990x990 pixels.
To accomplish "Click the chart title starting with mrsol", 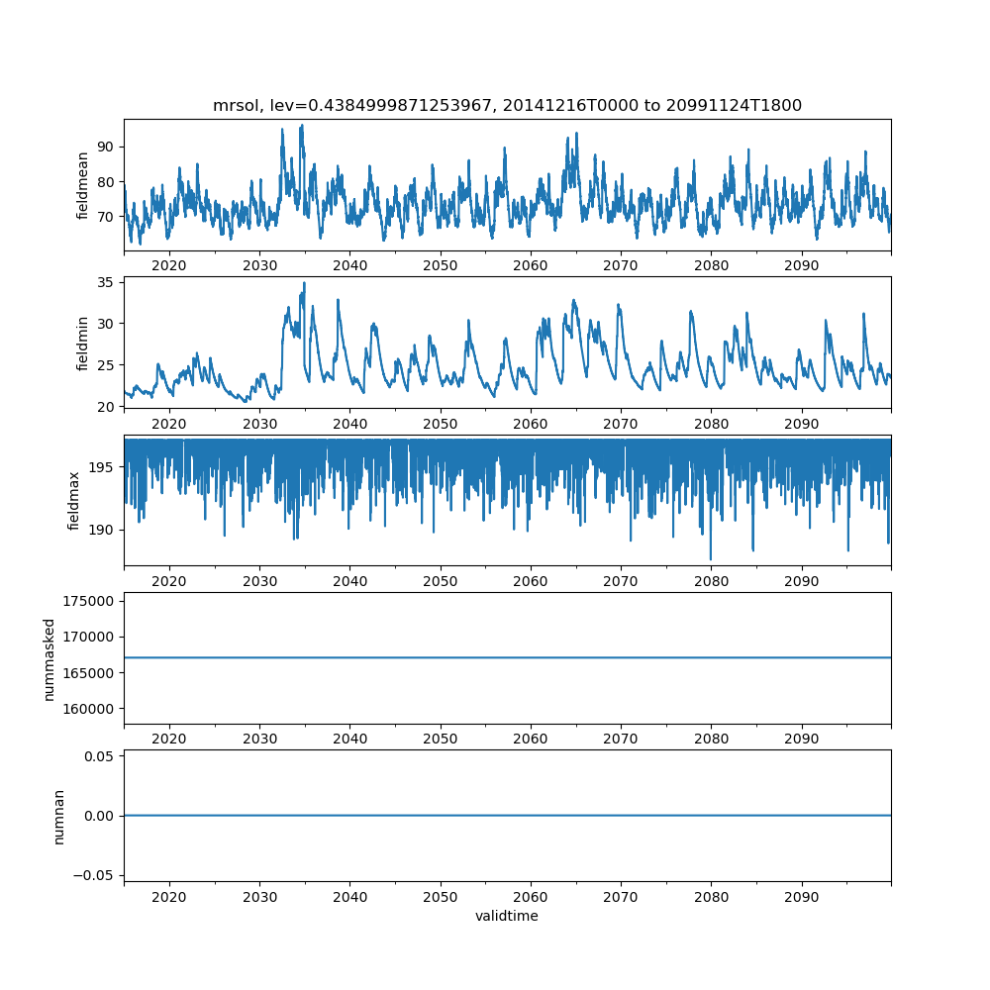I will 507,105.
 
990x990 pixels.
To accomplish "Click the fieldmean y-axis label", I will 83,185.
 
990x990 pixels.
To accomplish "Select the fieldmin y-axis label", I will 83,343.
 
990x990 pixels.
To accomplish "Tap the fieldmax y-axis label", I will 74,500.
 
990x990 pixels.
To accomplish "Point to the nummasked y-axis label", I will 49,659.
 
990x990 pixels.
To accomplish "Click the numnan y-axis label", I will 58,816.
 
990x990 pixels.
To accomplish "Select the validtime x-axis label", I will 507,917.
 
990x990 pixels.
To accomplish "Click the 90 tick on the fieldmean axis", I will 106,147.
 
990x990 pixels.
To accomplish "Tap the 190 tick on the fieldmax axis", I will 102,530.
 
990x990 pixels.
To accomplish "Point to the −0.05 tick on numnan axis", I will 95,875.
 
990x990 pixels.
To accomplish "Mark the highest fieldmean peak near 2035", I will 302,126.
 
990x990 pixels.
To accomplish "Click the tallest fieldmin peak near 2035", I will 304,283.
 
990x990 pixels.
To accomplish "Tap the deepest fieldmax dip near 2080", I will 711,559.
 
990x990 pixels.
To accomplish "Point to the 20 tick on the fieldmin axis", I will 106,406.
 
